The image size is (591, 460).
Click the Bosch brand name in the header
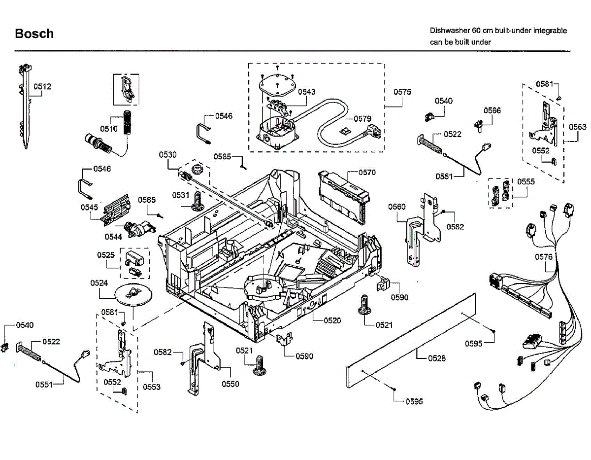[34, 34]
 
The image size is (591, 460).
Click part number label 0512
[42, 87]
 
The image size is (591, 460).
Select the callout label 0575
[402, 92]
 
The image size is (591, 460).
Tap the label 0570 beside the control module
[367, 173]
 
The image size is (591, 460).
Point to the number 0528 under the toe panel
[437, 358]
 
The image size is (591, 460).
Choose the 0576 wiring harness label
[544, 257]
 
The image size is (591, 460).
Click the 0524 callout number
[99, 283]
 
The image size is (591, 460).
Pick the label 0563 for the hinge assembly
[578, 127]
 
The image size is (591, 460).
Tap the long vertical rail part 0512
[26, 106]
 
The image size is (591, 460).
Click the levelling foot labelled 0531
[197, 201]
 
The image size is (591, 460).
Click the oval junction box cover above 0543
[277, 85]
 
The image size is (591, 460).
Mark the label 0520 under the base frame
[332, 320]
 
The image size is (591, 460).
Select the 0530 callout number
[167, 155]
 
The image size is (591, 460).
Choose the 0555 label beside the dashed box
[526, 181]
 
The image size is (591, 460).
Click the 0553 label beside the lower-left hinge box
[152, 387]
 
